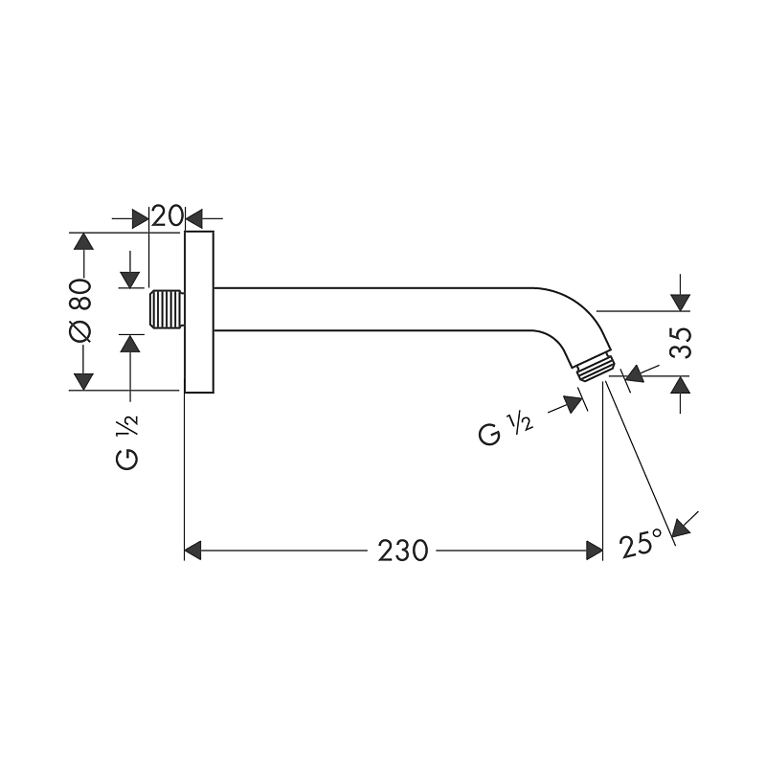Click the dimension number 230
(402, 551)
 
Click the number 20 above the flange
(168, 216)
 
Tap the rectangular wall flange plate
(198, 312)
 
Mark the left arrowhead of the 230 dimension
(193, 551)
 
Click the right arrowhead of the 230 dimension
(593, 551)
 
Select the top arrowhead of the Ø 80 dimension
(84, 241)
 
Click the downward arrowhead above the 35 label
(680, 301)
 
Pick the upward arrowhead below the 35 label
(680, 386)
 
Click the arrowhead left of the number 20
(140, 218)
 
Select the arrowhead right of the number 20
(194, 218)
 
